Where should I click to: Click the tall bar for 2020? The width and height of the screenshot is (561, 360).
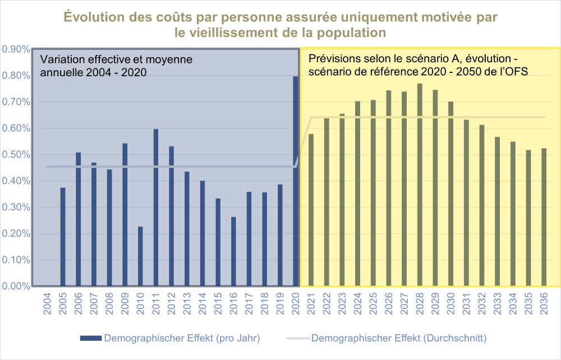pyautogui.click(x=296, y=181)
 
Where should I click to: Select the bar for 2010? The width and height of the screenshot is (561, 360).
pyautogui.click(x=140, y=256)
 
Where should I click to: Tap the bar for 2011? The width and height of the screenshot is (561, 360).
pyautogui.click(x=155, y=207)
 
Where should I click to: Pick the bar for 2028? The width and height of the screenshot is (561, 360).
pyautogui.click(x=420, y=185)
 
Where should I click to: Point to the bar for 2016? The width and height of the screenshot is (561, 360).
pyautogui.click(x=233, y=251)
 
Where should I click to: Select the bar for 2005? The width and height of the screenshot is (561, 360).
pyautogui.click(x=63, y=237)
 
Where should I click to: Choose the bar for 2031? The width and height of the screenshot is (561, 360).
pyautogui.click(x=466, y=202)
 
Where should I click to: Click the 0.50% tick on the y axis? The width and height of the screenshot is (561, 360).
pyautogui.click(x=16, y=155)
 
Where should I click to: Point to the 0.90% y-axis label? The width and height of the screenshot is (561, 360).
pyautogui.click(x=16, y=49)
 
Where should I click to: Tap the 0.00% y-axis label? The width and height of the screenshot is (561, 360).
pyautogui.click(x=16, y=286)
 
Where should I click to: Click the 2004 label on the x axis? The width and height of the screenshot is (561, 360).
pyautogui.click(x=47, y=304)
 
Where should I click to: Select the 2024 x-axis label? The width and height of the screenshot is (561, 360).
pyautogui.click(x=358, y=304)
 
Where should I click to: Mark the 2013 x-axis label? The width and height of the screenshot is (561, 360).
pyautogui.click(x=187, y=304)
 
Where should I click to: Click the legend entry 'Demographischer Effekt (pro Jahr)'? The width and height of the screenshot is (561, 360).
pyautogui.click(x=171, y=338)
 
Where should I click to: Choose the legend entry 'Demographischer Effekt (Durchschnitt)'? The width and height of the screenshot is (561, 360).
pyautogui.click(x=387, y=338)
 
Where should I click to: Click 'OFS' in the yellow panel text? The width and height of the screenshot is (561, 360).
pyautogui.click(x=517, y=72)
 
